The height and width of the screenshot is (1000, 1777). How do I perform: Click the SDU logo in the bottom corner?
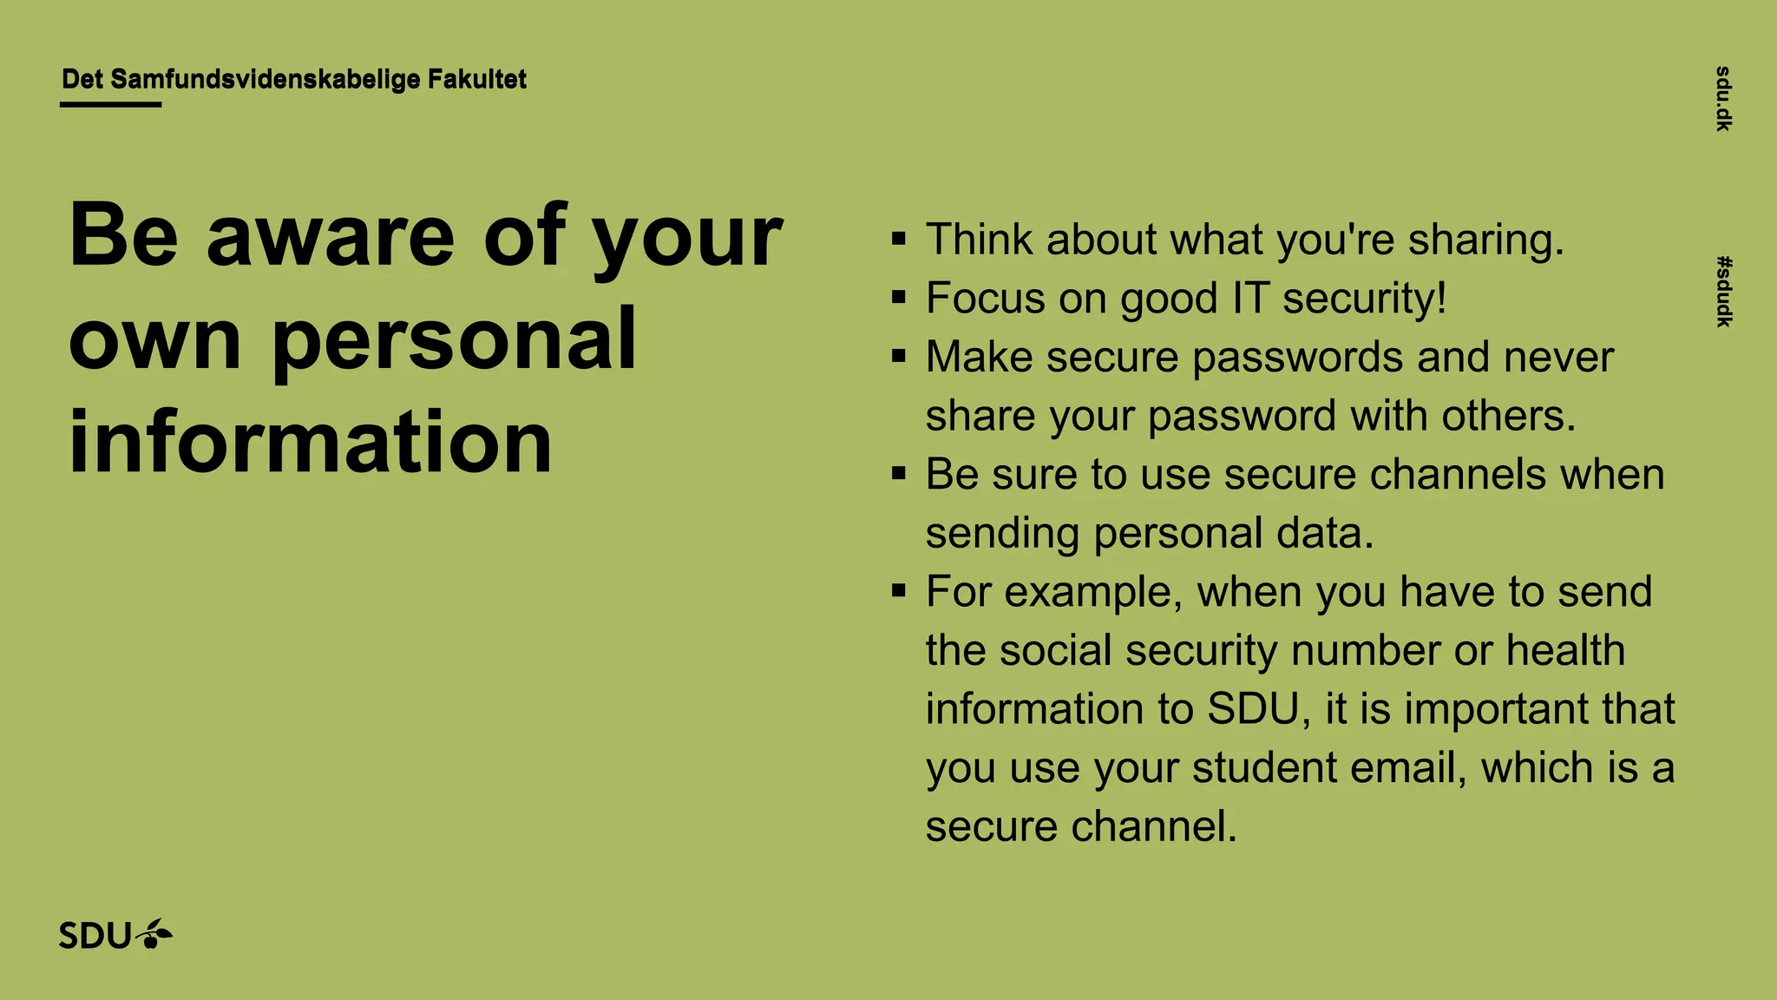(x=115, y=935)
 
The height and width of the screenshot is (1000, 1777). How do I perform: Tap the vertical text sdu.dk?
(x=1723, y=98)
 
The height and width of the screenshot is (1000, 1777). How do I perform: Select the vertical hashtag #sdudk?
(x=1723, y=292)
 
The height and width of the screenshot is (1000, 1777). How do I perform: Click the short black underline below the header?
(x=110, y=105)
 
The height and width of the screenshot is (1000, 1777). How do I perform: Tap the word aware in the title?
(x=331, y=235)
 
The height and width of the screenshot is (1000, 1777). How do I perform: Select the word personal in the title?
(x=455, y=340)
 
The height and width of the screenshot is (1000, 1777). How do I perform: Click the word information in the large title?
(x=310, y=442)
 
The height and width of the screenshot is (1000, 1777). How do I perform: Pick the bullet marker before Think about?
(x=899, y=239)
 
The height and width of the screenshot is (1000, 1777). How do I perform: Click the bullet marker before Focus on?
(x=899, y=298)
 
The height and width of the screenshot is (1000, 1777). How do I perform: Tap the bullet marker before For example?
(x=899, y=591)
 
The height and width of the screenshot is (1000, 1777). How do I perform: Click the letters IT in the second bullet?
(x=1250, y=298)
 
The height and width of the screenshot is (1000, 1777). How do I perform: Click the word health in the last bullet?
(x=1565, y=650)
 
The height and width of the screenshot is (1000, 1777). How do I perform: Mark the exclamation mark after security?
(x=1441, y=298)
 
